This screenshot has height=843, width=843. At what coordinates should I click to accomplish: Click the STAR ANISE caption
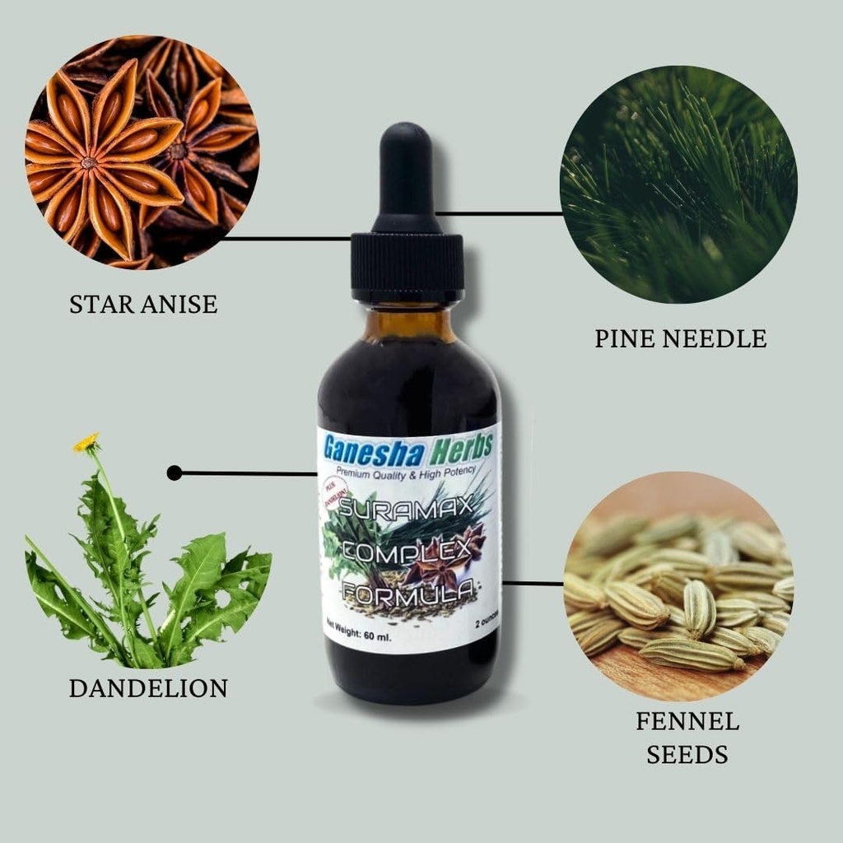pyautogui.click(x=143, y=304)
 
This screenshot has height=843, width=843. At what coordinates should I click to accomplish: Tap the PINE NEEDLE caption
pyautogui.click(x=681, y=338)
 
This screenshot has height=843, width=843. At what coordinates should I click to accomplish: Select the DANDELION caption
pyautogui.click(x=148, y=688)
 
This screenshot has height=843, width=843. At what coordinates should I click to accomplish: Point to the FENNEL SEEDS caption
pyautogui.click(x=687, y=738)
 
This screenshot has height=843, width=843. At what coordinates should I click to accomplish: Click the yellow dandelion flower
pyautogui.click(x=86, y=443)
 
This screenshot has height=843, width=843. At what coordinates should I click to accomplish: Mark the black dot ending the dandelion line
pyautogui.click(x=174, y=473)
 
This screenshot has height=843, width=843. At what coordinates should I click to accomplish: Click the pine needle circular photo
pyautogui.click(x=678, y=184)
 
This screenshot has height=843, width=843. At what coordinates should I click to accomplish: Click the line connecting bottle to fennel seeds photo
pyautogui.click(x=532, y=583)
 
